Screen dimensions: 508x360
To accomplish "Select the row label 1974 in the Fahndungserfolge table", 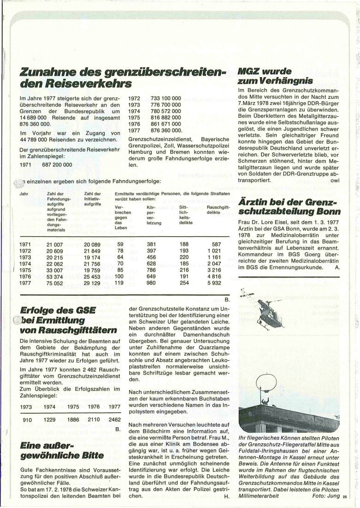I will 25,264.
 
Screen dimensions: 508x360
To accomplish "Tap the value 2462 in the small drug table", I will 114,420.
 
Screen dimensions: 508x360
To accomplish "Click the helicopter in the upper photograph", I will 271,312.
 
